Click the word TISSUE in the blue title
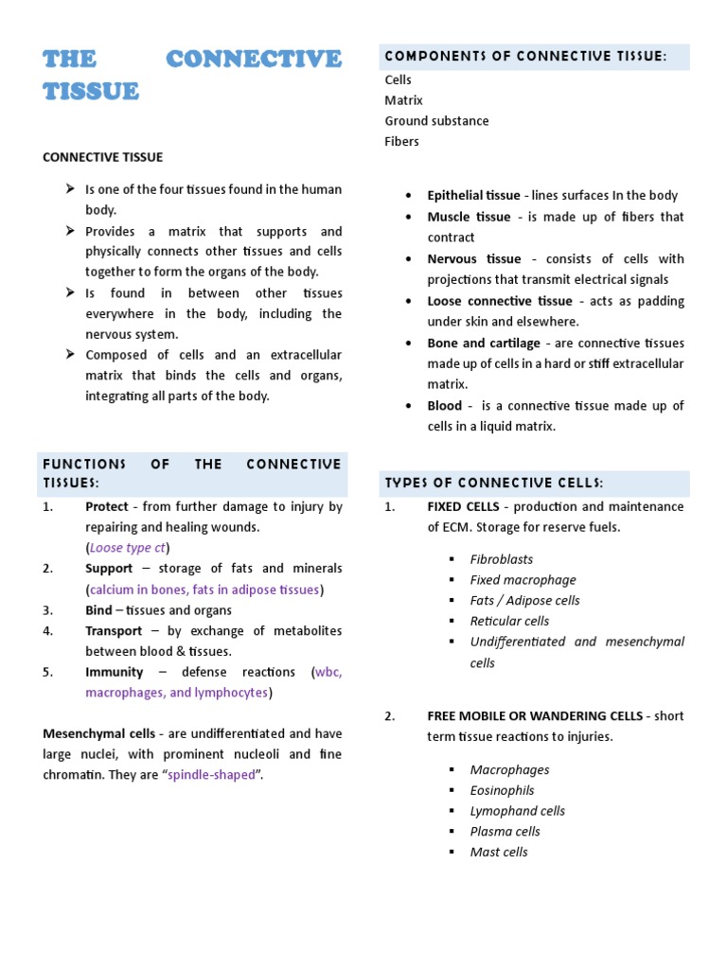(x=91, y=91)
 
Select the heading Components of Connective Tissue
(x=525, y=58)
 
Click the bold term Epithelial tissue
(x=473, y=196)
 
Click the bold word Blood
(x=445, y=406)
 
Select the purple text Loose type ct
(x=128, y=548)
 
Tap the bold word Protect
(x=106, y=507)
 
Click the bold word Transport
(x=114, y=631)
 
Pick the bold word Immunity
(x=114, y=673)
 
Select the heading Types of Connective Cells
(x=493, y=484)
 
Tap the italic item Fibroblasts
(x=502, y=560)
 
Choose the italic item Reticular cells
(x=509, y=622)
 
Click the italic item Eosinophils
(x=502, y=791)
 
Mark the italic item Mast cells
(x=499, y=853)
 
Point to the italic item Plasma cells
(x=505, y=832)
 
